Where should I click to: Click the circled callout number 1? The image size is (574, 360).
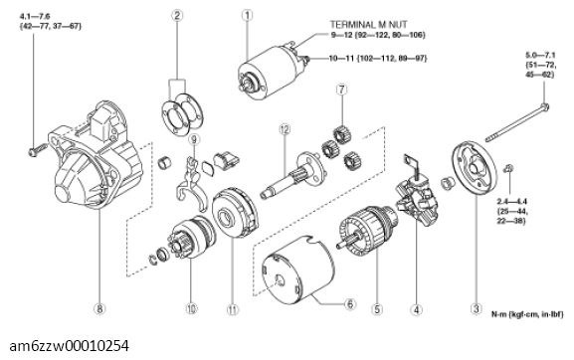248,15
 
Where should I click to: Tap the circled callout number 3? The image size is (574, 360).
477,308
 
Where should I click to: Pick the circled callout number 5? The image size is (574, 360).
376,309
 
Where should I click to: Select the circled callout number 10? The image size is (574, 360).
189,309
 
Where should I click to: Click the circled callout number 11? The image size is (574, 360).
232,309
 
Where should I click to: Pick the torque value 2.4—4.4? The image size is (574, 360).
525,200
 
